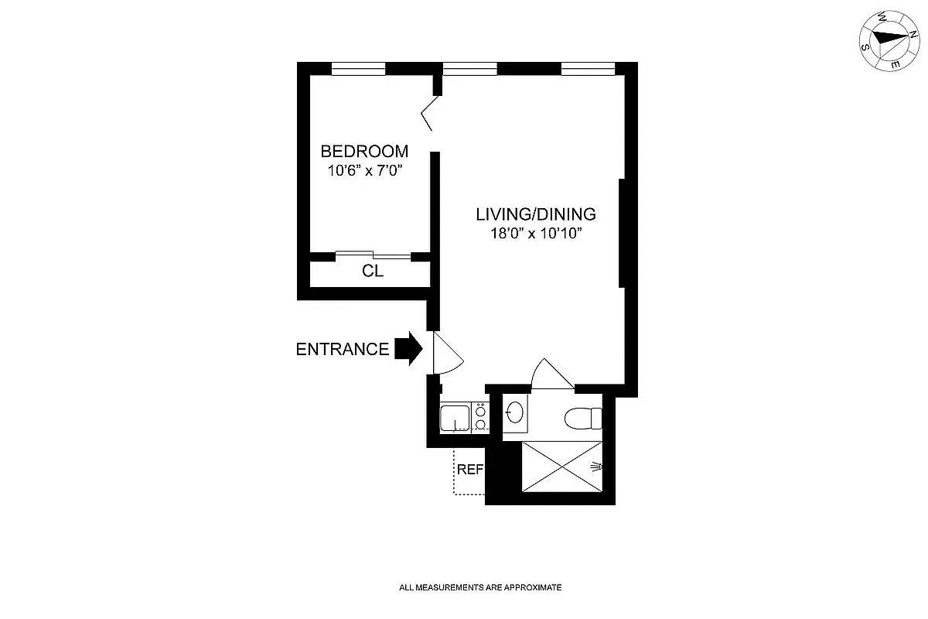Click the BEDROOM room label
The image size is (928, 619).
pyautogui.click(x=364, y=151)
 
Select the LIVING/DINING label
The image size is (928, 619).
pyautogui.click(x=535, y=214)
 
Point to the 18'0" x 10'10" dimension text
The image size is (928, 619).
pyautogui.click(x=535, y=233)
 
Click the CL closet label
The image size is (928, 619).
pyautogui.click(x=373, y=272)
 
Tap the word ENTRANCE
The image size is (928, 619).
pyautogui.click(x=343, y=350)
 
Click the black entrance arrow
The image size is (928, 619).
pyautogui.click(x=408, y=349)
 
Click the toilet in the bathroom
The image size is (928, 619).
pyautogui.click(x=583, y=419)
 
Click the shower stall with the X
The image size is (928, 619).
pyautogui.click(x=561, y=467)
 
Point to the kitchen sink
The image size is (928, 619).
pyautogui.click(x=455, y=418)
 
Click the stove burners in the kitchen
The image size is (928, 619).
pyautogui.click(x=480, y=417)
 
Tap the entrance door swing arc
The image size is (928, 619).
pyautogui.click(x=448, y=354)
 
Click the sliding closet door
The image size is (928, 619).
pyautogui.click(x=374, y=255)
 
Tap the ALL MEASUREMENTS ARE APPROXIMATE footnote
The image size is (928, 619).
pyautogui.click(x=479, y=587)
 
